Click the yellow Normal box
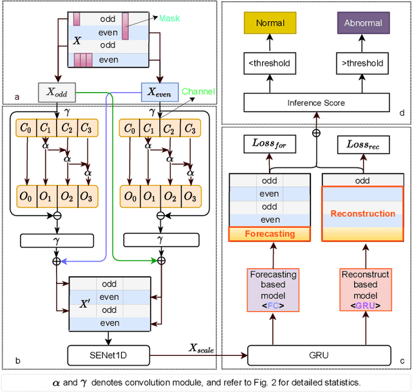[x=270, y=23]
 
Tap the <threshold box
[x=270, y=63]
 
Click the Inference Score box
[x=315, y=102]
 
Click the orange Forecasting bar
[x=270, y=234]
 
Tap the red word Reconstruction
[x=362, y=213]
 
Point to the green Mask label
[x=170, y=19]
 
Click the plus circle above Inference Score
[x=315, y=133]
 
